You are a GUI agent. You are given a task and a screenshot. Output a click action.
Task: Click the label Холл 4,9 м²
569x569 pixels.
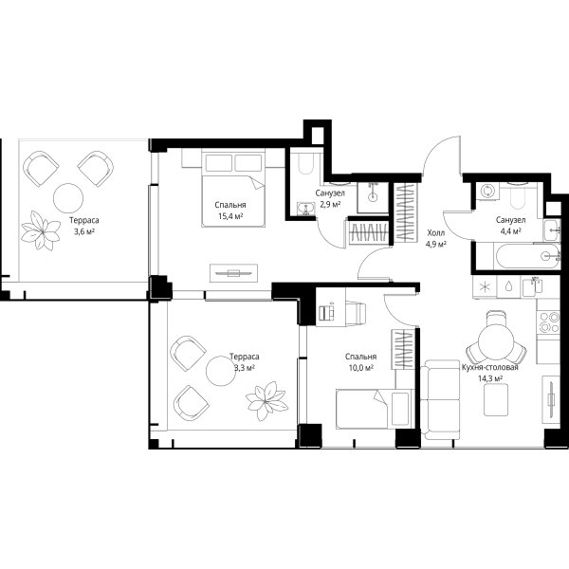(x=436, y=238)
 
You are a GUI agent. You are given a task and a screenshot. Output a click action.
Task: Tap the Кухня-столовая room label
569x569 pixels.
(x=490, y=367)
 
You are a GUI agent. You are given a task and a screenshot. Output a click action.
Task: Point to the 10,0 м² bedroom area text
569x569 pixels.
(x=361, y=368)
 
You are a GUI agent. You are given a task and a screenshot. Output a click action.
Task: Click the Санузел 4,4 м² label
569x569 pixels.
(x=511, y=225)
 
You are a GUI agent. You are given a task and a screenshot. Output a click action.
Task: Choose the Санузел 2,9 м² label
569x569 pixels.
(x=330, y=198)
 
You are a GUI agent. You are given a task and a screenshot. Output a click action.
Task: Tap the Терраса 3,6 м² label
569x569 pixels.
(x=84, y=226)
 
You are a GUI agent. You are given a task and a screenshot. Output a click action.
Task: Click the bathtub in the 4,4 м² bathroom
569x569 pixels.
(x=526, y=257)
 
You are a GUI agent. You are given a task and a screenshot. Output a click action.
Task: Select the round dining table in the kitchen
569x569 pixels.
(x=491, y=341)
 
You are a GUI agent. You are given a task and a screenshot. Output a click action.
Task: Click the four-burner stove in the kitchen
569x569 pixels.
(x=549, y=321)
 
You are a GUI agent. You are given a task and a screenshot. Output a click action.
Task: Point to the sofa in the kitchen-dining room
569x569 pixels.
(x=441, y=399)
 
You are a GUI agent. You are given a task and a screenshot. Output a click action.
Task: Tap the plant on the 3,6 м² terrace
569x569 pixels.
(x=41, y=230)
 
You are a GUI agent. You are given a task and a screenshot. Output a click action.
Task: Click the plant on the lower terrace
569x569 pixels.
(x=266, y=400)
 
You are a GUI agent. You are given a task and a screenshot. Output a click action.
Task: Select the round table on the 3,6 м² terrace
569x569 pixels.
(x=68, y=198)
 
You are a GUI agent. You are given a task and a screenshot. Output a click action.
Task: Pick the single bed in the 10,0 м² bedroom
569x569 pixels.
(x=375, y=409)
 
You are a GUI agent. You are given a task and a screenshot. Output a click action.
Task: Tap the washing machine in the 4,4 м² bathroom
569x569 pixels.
(x=486, y=192)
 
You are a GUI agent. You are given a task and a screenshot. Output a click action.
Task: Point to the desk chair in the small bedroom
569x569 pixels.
(x=356, y=312)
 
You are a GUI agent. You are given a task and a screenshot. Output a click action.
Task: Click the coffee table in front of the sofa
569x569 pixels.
(x=496, y=399)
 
